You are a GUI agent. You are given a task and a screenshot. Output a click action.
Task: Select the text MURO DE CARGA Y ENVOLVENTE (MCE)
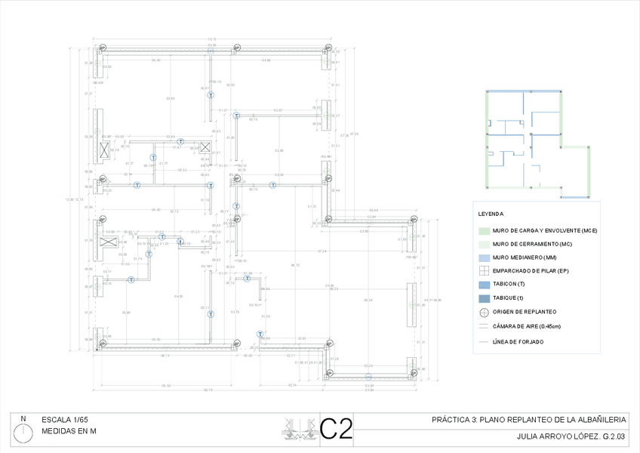[x=545, y=230]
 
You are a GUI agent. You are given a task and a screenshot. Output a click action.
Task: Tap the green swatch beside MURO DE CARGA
[x=485, y=230]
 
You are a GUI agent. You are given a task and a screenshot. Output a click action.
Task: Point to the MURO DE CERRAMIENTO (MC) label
[x=532, y=244]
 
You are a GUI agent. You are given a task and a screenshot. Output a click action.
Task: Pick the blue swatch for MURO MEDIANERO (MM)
[x=485, y=257]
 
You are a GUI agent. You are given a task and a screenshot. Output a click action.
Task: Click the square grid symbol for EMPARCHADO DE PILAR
[x=485, y=270]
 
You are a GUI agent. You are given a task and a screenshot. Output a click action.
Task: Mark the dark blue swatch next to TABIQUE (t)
[x=485, y=298]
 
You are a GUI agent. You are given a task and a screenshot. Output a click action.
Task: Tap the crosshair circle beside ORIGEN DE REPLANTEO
[x=485, y=312]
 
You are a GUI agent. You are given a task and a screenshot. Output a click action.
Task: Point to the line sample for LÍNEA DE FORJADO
[x=485, y=341]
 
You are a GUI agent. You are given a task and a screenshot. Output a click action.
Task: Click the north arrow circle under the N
[x=24, y=433]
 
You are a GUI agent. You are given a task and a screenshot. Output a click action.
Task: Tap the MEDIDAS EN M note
[x=69, y=432]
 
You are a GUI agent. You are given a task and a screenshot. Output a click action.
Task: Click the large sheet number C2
[x=337, y=429]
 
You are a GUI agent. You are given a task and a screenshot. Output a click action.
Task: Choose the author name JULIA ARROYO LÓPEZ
[x=555, y=436]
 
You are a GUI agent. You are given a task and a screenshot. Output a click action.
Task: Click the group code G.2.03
[x=611, y=436]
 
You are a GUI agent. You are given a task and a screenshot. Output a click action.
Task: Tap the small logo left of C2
[x=301, y=429]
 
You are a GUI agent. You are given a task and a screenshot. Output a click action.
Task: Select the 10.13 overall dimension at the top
[x=212, y=39]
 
